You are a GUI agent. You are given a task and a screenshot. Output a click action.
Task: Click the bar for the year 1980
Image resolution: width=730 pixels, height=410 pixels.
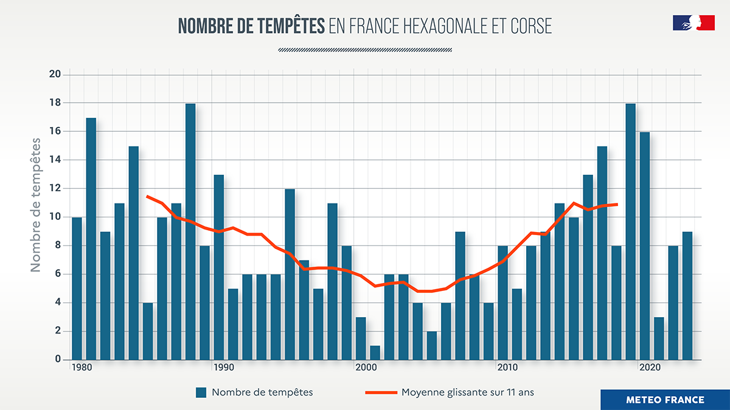77,289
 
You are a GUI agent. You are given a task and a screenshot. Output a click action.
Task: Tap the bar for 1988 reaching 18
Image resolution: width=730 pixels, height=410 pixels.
190,231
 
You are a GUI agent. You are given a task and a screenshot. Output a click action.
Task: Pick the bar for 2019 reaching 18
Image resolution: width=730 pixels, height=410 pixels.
630,231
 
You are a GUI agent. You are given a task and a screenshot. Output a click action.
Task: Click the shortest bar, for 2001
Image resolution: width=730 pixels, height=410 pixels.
375,352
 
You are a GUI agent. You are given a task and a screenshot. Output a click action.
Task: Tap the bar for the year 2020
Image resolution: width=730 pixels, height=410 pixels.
645,246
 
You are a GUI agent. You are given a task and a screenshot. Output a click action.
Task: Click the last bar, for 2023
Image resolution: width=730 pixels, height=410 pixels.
687,296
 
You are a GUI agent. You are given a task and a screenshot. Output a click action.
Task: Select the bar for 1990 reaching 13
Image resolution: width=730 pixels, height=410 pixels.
219,267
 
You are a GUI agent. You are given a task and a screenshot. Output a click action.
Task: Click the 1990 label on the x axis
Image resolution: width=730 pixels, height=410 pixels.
224,368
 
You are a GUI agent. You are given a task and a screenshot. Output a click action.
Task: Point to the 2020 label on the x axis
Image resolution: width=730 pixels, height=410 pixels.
650,368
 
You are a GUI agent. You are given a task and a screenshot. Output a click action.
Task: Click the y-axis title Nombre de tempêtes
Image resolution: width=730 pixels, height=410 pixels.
36,205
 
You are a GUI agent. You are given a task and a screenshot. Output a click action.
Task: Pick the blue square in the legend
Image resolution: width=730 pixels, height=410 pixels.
201,392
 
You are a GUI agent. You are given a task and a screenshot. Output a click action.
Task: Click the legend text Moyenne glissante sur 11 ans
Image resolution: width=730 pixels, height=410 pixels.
467,392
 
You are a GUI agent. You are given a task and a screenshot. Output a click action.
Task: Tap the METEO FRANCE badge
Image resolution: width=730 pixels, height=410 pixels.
665,400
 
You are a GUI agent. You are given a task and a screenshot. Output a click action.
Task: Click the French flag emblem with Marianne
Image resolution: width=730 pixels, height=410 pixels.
693,23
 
